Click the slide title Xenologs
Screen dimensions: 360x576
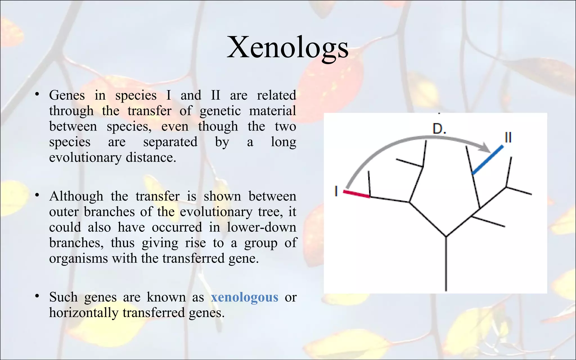coord(287,47)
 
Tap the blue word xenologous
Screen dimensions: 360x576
coord(244,297)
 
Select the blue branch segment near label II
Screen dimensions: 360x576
coord(488,160)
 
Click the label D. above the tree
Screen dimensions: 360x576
coord(439,129)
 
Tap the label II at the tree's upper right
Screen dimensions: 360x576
coord(508,138)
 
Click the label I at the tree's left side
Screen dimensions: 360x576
coord(336,191)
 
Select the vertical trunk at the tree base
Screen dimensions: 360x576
coord(446,264)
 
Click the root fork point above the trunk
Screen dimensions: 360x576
coord(446,236)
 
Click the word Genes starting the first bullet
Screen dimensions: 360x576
coord(67,95)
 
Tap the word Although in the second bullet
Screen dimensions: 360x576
coord(76,196)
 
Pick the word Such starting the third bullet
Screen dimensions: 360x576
coord(63,297)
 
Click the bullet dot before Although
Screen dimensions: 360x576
coord(37,195)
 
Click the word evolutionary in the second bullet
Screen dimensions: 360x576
coord(216,212)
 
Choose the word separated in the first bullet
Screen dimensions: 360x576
coord(170,142)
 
